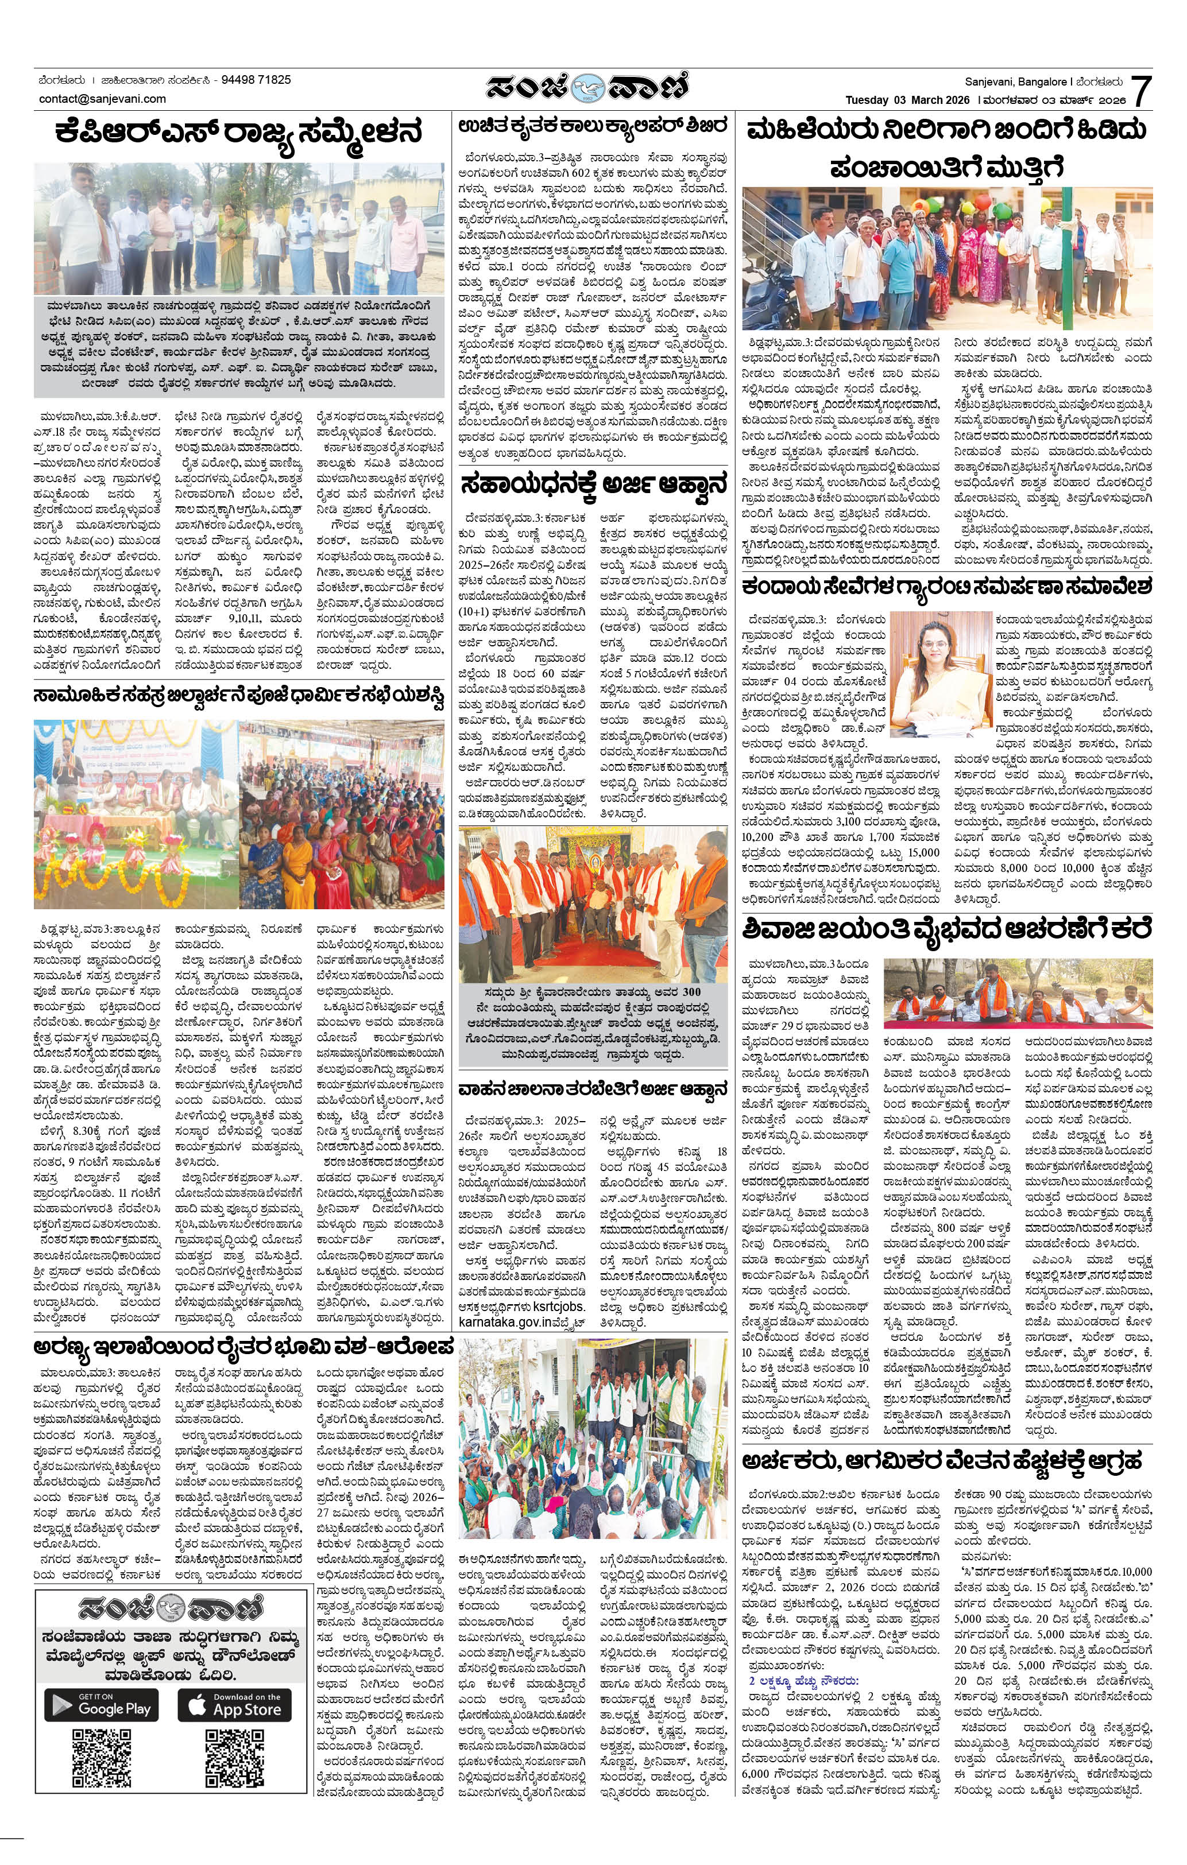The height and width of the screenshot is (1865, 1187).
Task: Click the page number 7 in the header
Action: (1140, 91)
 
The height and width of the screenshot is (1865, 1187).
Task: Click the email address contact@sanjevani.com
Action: (102, 98)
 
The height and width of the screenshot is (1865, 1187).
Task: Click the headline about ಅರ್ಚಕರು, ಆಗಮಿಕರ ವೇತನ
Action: (941, 1461)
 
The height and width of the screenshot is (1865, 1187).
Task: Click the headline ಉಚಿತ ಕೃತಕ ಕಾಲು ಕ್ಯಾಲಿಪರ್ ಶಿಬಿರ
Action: (593, 126)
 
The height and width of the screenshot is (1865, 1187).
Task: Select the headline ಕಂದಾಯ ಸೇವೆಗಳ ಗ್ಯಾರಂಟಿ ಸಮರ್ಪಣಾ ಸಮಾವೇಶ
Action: (947, 586)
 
